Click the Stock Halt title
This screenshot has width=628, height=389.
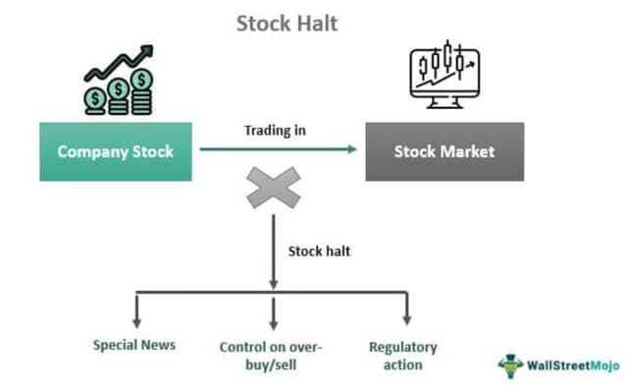click(287, 23)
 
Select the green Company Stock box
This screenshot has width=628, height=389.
click(115, 151)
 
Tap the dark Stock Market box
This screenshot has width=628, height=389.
click(444, 151)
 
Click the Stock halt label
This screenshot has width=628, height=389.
click(319, 250)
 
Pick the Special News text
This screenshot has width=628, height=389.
click(135, 345)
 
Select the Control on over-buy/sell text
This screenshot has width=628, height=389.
click(271, 356)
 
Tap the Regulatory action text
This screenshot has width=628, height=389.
click(402, 356)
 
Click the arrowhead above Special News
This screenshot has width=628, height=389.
click(137, 320)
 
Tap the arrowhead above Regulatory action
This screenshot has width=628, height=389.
click(406, 320)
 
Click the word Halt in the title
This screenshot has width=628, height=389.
click(315, 23)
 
